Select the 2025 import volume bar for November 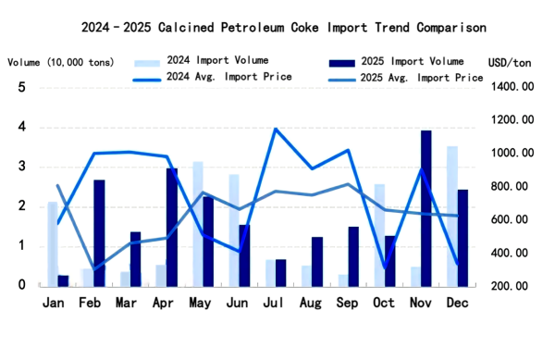426,208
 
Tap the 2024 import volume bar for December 452,216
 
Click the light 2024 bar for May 198,223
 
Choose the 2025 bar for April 172,227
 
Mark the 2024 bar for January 53,242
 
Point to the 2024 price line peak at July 275,130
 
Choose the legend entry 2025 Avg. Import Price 422,78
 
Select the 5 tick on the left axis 21,88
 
